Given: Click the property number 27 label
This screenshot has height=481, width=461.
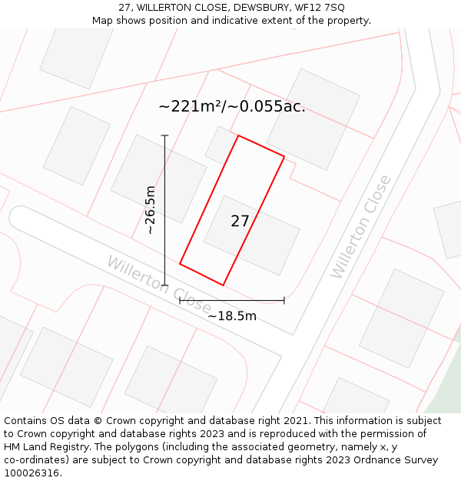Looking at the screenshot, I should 240,221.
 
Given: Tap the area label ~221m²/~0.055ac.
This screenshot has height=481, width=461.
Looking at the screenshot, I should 231,106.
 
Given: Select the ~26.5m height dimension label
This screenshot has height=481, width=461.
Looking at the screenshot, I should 151,209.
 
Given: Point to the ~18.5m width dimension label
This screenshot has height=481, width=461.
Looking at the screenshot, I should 231,316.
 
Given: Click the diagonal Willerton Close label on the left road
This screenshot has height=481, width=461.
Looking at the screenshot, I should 158,284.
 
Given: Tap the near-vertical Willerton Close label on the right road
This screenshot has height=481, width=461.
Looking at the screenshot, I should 360,228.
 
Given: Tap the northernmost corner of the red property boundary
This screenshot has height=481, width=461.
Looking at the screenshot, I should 238,135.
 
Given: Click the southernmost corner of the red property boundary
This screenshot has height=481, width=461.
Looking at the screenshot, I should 223,286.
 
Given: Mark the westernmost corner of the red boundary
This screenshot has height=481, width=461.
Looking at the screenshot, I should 180,264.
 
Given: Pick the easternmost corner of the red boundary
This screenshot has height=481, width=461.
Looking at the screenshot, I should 284,157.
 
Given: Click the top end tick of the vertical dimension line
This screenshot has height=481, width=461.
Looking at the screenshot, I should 164,135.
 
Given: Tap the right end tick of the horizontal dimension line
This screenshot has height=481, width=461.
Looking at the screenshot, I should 284,300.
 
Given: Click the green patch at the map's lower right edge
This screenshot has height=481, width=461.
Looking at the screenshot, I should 446,392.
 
